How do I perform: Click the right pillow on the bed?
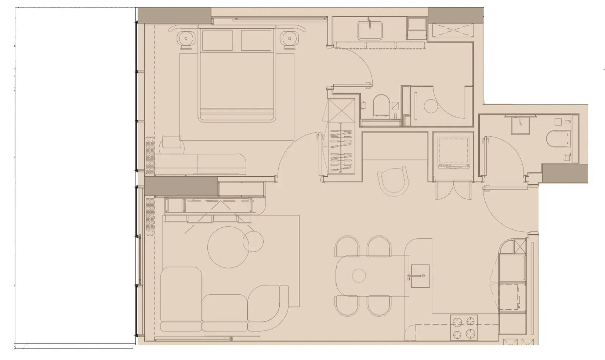tap(256, 40)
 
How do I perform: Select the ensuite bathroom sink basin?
tap(370, 30)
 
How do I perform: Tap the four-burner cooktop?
tap(464, 328)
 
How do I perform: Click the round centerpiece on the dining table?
tap(359, 275)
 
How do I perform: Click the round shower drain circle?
tap(431, 106)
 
